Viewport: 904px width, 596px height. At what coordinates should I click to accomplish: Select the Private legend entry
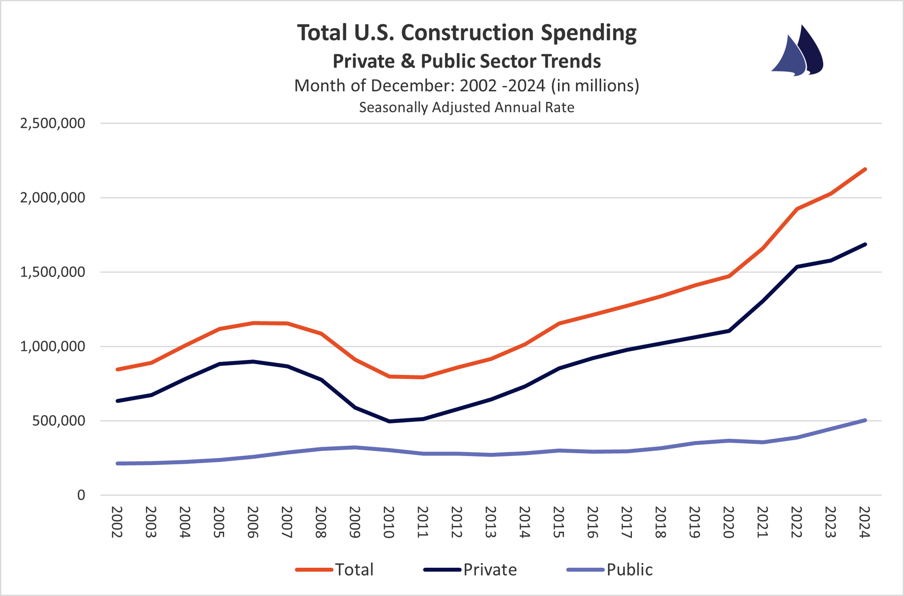click(471, 570)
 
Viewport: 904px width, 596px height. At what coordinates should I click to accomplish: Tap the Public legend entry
click(610, 570)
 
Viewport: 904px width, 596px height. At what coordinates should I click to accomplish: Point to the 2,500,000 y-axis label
click(53, 123)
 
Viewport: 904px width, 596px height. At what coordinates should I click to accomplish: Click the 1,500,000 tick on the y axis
click(53, 272)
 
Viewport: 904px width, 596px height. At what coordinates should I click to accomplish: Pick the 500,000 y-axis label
click(59, 421)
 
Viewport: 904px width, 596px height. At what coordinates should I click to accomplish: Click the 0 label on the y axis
click(81, 495)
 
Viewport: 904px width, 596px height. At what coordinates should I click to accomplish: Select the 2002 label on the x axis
click(117, 522)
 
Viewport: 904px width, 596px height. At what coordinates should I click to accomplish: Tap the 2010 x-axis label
click(388, 522)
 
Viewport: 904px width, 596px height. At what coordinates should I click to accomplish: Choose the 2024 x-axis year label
click(864, 522)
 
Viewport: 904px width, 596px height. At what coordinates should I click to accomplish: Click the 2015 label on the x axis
click(558, 522)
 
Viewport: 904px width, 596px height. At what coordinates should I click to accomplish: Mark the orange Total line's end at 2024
click(865, 169)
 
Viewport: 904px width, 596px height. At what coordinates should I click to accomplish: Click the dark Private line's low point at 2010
click(389, 421)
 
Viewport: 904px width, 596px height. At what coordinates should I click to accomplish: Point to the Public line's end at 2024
click(865, 420)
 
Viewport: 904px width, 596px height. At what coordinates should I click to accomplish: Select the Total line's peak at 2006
click(253, 323)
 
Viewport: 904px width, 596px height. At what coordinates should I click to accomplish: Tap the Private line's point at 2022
click(797, 267)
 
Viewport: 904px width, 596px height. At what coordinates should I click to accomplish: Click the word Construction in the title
click(468, 33)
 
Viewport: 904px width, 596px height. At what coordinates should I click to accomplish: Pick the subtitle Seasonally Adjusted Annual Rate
click(467, 107)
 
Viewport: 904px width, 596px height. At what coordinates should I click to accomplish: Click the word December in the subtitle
click(412, 86)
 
